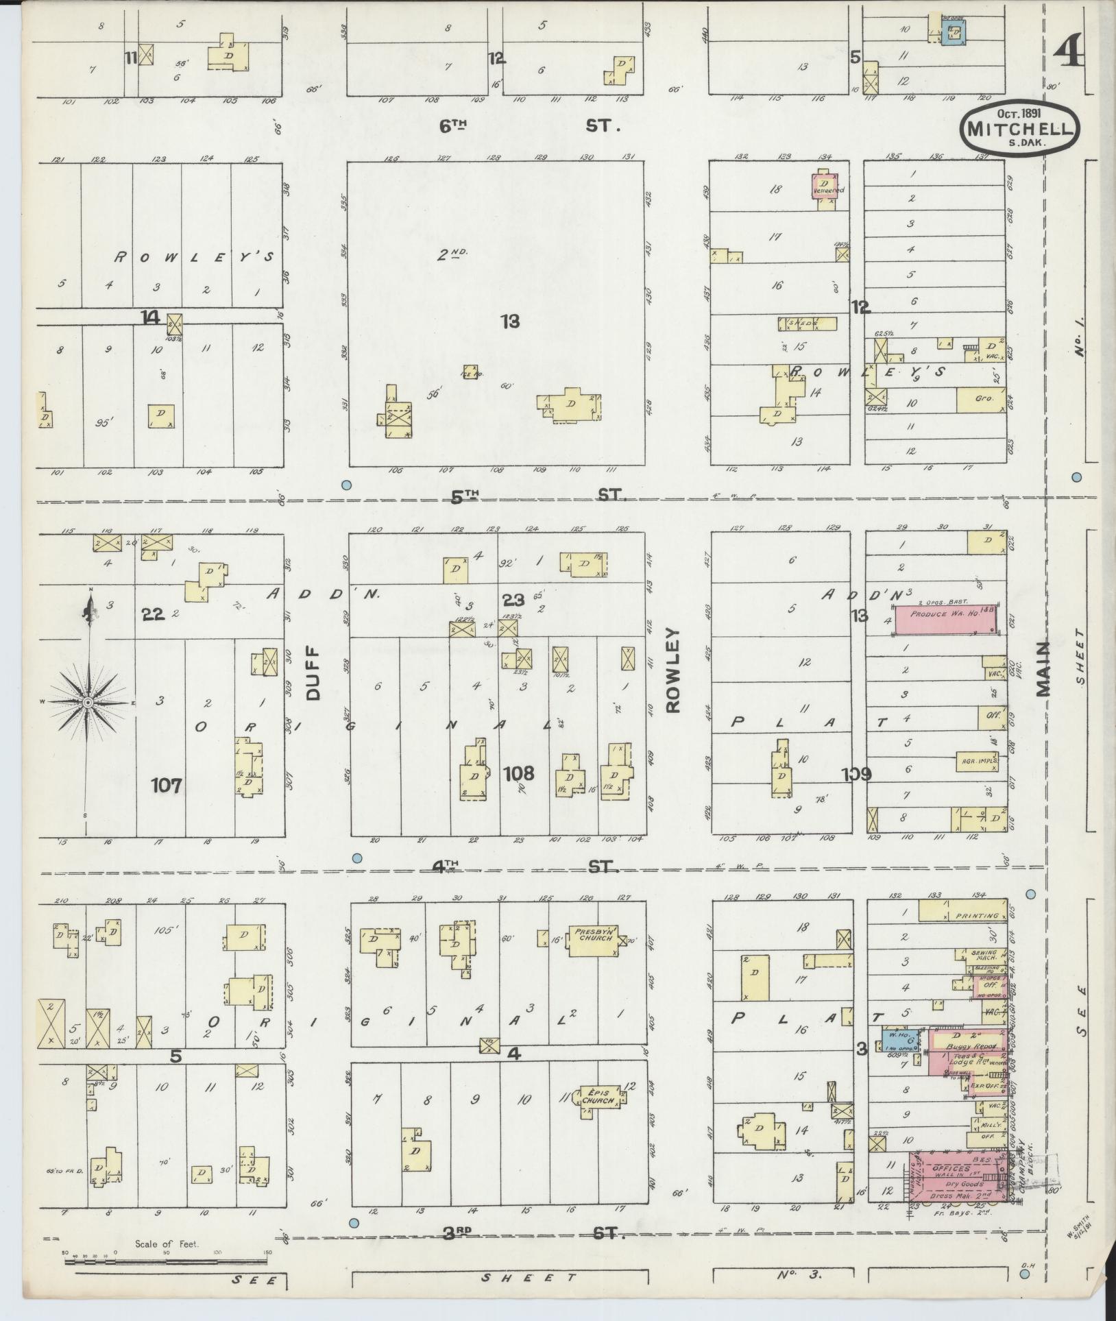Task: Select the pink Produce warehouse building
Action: [946, 615]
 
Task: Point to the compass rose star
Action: [88, 703]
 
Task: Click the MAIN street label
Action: [1043, 670]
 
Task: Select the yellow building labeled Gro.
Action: [982, 398]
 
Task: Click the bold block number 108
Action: [519, 774]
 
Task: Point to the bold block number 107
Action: [167, 785]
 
